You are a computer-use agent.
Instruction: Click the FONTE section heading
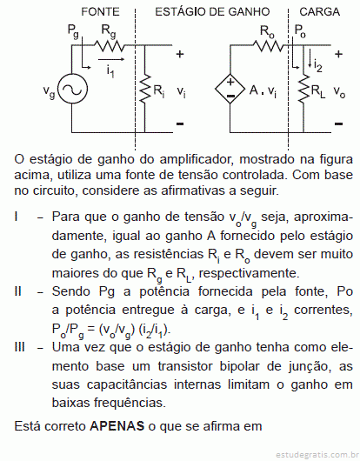(x=100, y=12)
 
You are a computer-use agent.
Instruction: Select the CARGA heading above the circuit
(x=319, y=12)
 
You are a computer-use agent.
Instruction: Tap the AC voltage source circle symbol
(x=72, y=89)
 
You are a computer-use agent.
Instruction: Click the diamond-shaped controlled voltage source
(x=230, y=89)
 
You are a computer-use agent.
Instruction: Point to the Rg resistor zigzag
(x=110, y=45)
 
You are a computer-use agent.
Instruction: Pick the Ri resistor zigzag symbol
(x=144, y=89)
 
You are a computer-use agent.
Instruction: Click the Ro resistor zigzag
(x=268, y=45)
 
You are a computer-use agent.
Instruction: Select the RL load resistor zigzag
(x=303, y=89)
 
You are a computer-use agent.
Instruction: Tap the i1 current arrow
(x=111, y=59)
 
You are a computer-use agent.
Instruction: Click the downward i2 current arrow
(x=310, y=58)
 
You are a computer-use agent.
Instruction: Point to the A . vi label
(x=263, y=90)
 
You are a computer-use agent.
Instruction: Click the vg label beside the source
(x=49, y=91)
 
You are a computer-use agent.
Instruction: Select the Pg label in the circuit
(x=73, y=31)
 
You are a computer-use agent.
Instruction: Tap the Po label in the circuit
(x=300, y=30)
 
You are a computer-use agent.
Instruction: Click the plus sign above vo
(x=338, y=54)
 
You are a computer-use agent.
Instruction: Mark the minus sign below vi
(x=180, y=124)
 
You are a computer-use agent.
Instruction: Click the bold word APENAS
(x=117, y=426)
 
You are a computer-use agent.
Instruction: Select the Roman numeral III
(x=20, y=347)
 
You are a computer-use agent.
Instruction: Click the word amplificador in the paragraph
(x=197, y=160)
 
